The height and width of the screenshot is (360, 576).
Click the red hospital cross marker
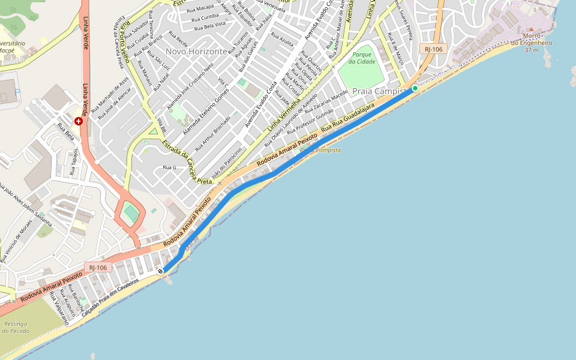[78, 121]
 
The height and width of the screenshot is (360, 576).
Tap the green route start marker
[415, 88]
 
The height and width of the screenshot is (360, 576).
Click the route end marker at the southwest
[161, 272]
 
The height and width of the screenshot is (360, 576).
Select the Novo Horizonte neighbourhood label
[197, 52]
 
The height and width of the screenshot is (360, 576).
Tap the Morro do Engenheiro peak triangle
[530, 29]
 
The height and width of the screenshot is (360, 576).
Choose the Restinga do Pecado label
[15, 327]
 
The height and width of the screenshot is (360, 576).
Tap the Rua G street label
[170, 167]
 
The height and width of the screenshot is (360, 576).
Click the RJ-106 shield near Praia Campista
[433, 49]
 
